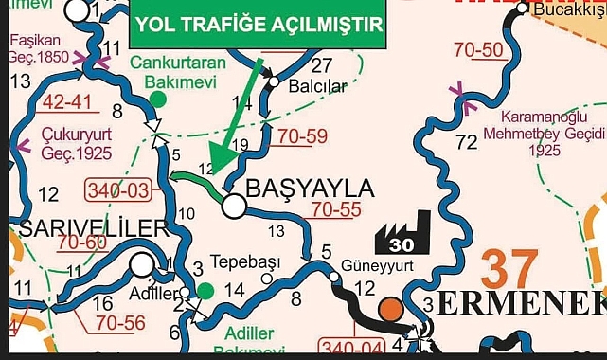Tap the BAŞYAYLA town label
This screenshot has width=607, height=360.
pyautogui.click(x=310, y=188)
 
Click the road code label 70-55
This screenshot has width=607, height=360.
pyautogui.click(x=338, y=208)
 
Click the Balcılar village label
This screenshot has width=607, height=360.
pyautogui.click(x=315, y=86)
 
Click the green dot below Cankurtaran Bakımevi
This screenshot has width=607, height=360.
pyautogui.click(x=157, y=98)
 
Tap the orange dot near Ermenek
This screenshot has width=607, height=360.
pyautogui.click(x=389, y=310)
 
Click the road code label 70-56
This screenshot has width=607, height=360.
pyautogui.click(x=119, y=323)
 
